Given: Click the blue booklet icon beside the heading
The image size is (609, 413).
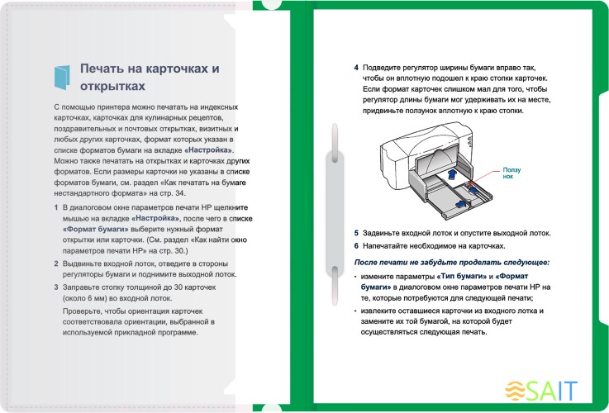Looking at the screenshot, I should [63, 77].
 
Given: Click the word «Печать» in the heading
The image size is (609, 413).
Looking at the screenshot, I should [104, 69].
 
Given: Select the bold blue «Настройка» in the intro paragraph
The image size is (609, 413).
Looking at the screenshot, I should [210, 151].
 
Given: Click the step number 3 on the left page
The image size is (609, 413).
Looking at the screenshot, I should [55, 286].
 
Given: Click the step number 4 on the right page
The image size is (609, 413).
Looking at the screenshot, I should [356, 68].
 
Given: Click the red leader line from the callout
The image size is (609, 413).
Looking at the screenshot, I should [487, 178].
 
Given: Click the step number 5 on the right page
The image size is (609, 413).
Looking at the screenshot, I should [356, 234].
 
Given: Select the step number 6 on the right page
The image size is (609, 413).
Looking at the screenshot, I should [356, 246].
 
